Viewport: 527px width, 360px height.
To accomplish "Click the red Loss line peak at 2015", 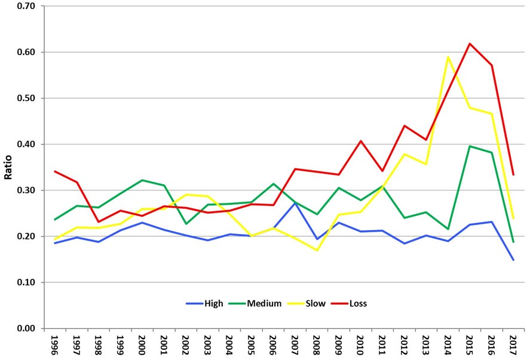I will click(470, 44).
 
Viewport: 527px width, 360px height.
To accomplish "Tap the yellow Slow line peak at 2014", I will click(448, 57).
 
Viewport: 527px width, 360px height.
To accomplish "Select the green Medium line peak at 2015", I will click(470, 146).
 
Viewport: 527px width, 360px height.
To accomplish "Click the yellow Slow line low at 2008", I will click(316, 250).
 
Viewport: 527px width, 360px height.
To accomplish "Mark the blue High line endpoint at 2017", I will click(513, 260).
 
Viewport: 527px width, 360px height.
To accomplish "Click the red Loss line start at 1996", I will click(55, 171).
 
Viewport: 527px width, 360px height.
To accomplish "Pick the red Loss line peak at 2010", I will click(361, 141).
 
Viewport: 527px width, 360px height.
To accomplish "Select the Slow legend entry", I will click(315, 303).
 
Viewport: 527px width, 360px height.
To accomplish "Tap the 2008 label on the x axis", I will click(317, 344).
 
